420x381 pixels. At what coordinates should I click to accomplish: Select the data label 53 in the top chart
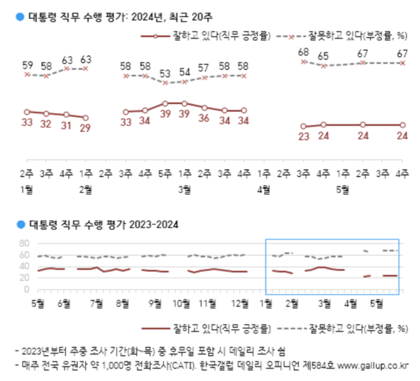(165, 73)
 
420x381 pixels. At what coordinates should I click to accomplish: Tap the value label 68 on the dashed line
(302, 52)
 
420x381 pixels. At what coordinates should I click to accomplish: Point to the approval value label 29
(85, 129)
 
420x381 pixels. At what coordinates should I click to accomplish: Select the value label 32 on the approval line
(46, 125)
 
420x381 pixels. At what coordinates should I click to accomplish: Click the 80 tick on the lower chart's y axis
(22, 243)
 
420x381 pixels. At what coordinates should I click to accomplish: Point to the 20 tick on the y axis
(22, 278)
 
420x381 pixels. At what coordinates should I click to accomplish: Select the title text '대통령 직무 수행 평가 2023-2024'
(103, 224)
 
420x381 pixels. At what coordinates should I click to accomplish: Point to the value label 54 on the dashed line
(185, 71)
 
